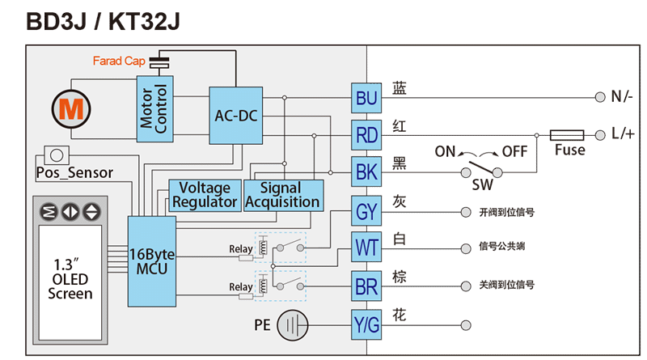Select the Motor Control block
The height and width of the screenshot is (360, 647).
154,108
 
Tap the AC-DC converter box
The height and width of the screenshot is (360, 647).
235,116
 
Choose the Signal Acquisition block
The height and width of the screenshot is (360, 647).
282,195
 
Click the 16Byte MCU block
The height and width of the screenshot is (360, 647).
151,260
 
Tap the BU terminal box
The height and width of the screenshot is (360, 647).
366,99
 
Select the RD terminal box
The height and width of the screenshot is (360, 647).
366,135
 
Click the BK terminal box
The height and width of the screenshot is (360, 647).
366,172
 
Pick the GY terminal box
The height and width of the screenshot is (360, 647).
366,212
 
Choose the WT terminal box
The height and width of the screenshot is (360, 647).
366,247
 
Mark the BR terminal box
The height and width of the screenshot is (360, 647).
366,286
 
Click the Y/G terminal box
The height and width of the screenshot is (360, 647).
366,325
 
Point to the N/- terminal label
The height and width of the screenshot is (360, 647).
621,97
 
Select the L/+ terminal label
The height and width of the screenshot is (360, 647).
621,134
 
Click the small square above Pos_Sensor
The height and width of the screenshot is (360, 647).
56,154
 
